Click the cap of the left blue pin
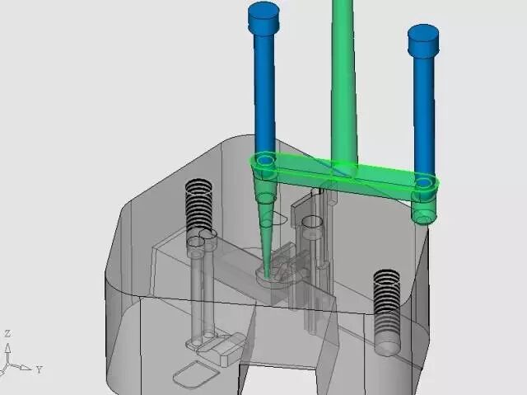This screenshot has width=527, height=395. point(263,16)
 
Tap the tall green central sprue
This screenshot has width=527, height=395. point(343,81)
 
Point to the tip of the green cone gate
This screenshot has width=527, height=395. point(267,276)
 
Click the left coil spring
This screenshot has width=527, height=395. point(198,205)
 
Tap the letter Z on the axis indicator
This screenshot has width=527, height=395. point(7,334)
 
